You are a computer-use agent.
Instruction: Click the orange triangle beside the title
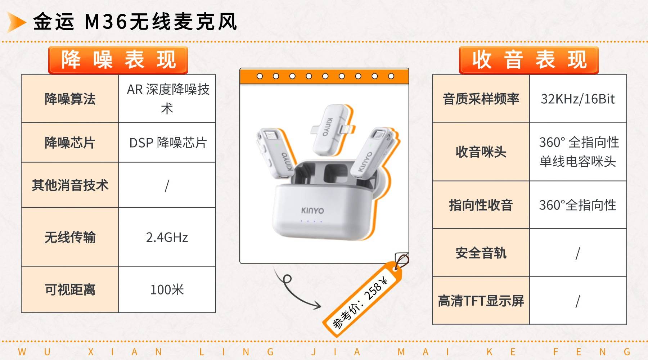click(16, 22)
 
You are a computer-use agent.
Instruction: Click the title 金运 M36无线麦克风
click(135, 22)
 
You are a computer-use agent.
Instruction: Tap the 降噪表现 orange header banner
click(118, 60)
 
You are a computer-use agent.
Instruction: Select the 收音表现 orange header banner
click(528, 60)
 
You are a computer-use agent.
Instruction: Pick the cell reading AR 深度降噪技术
click(167, 99)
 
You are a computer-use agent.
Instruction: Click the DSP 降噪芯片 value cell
click(167, 143)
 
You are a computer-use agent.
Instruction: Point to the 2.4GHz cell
click(167, 237)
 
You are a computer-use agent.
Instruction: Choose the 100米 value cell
click(167, 289)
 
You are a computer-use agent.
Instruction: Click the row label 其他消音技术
click(70, 185)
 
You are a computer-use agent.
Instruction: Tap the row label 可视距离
click(70, 289)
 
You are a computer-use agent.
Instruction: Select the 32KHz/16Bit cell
click(578, 99)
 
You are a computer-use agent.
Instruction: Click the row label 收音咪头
click(481, 152)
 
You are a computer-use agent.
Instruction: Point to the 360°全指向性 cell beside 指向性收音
click(578, 205)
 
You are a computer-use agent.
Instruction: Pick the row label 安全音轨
click(481, 253)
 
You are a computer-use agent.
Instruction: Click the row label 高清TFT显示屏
click(481, 301)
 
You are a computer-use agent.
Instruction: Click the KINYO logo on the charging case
click(312, 210)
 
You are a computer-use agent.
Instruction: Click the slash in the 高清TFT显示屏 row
click(578, 301)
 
